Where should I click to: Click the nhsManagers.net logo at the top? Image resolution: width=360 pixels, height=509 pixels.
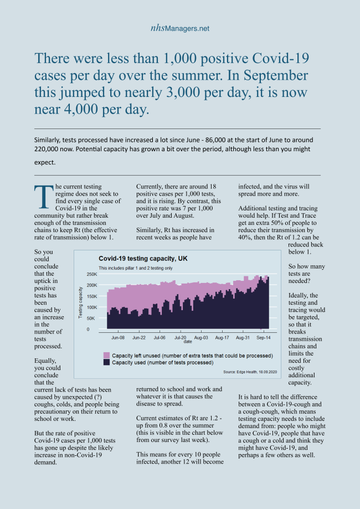point(179,28)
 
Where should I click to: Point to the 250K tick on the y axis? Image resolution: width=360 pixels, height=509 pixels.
point(90,274)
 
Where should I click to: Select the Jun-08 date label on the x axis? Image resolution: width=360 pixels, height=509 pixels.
point(118,337)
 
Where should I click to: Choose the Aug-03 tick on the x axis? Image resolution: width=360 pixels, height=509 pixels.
point(201,337)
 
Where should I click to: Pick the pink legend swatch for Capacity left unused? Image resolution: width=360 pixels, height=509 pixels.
point(106,355)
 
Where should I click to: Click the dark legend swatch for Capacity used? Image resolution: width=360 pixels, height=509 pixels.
point(106,362)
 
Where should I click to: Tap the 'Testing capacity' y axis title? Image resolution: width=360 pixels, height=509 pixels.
point(81,302)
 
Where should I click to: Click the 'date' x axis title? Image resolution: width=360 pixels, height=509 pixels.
point(188,342)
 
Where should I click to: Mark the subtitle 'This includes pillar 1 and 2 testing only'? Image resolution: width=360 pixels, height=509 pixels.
point(136,268)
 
